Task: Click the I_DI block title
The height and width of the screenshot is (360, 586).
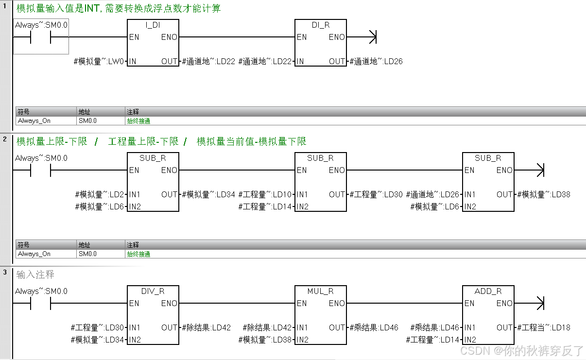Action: pos(153,25)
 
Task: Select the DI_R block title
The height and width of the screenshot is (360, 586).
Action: pos(321,25)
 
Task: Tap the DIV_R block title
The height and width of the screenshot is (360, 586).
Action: pos(153,291)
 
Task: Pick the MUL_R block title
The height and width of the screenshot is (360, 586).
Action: pos(321,291)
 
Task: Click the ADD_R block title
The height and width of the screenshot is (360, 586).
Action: pos(488,291)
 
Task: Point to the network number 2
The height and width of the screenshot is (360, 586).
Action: pos(5,139)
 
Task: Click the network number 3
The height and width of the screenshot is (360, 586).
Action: pos(5,273)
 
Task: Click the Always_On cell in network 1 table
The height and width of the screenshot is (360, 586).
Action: pos(34,121)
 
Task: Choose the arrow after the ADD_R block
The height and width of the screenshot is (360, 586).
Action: pos(538,304)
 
